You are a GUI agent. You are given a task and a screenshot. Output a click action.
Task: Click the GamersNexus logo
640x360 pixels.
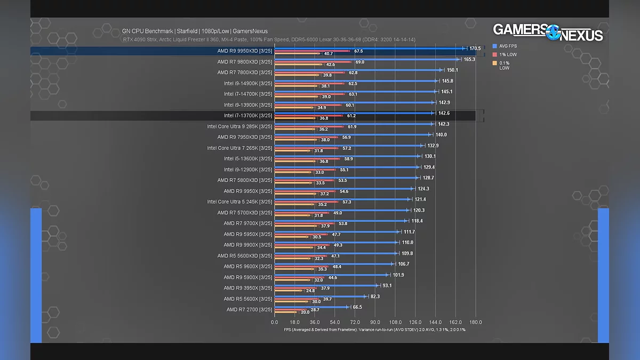click(548, 32)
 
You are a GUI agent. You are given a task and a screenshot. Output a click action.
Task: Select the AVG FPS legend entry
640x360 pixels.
click(508, 46)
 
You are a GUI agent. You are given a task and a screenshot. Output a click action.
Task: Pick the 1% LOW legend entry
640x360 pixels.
click(508, 55)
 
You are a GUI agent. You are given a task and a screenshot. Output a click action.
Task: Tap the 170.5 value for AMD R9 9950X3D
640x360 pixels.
click(475, 49)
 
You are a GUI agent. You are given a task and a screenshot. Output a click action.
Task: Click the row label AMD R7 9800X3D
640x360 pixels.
click(245, 62)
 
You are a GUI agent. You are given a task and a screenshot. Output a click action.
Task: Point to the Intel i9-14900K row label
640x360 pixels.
click(248, 83)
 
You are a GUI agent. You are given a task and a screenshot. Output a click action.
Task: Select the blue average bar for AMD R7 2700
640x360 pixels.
click(311, 307)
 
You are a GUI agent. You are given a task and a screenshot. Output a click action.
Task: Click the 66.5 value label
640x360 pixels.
click(357, 307)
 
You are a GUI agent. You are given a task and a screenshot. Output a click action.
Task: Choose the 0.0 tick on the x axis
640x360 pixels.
click(275, 322)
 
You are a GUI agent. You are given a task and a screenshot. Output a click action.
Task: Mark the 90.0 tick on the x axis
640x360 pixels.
click(375, 322)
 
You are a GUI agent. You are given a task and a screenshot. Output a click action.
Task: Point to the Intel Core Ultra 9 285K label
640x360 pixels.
click(239, 126)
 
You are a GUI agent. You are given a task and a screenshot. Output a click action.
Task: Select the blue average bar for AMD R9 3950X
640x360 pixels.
click(325, 285)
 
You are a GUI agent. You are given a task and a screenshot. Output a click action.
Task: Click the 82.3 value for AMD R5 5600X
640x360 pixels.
click(375, 297)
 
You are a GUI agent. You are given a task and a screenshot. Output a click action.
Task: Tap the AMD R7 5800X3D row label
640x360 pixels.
click(245, 180)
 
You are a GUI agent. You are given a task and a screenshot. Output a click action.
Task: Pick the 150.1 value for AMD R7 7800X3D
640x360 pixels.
click(452, 70)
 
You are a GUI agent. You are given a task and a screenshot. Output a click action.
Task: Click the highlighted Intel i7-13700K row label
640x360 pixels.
click(248, 116)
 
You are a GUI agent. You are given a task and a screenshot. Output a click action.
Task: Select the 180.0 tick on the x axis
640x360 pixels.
click(475, 322)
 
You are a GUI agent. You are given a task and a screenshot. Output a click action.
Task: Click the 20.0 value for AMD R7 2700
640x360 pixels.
click(305, 313)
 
